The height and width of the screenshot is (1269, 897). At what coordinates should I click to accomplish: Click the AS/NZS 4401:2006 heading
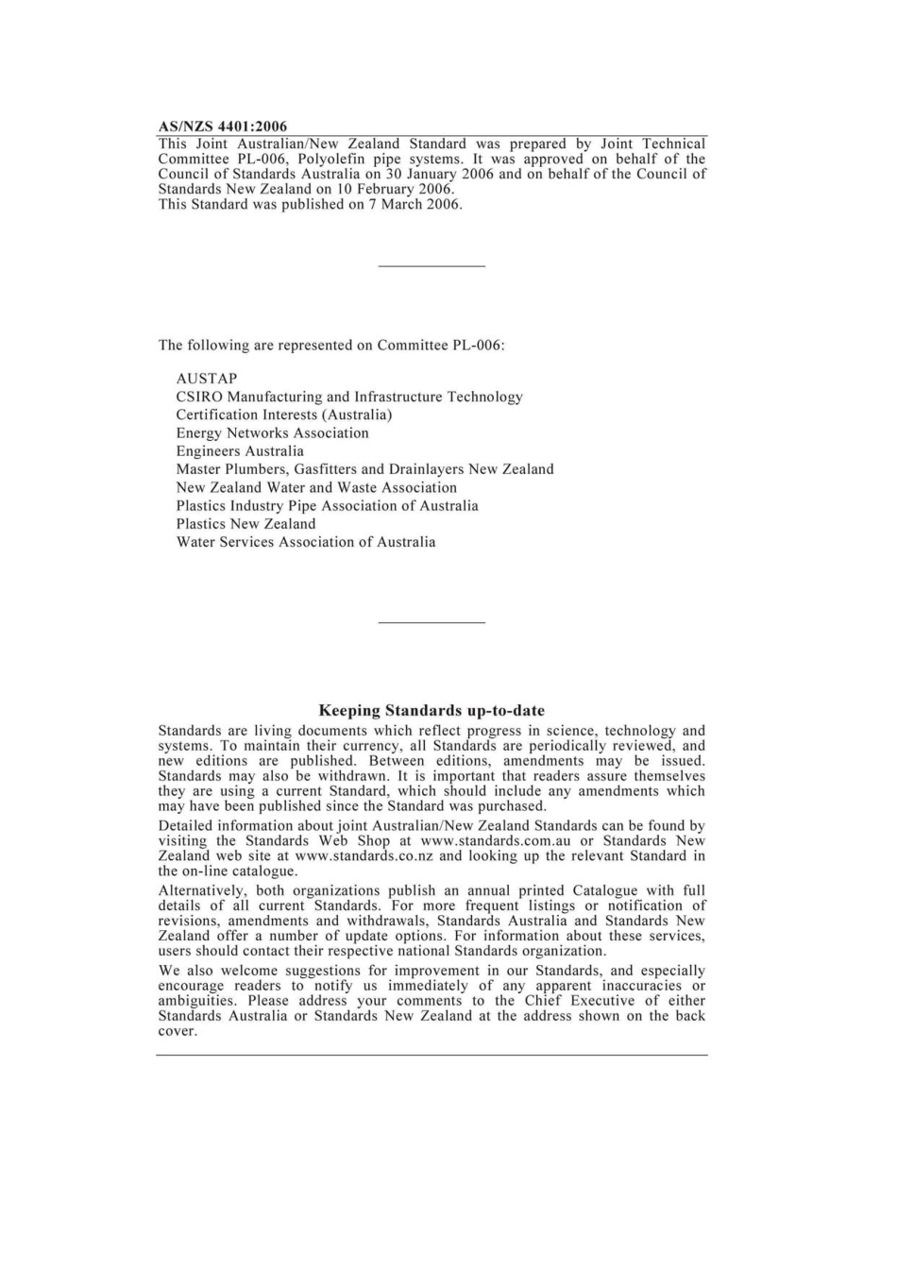tap(222, 127)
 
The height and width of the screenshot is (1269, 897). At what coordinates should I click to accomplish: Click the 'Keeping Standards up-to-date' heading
tap(432, 711)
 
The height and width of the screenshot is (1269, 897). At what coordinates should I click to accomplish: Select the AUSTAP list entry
tap(207, 379)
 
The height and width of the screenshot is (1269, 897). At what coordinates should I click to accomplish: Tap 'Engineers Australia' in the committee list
tap(240, 451)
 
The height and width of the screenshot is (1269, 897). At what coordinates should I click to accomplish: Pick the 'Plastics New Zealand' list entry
tap(245, 524)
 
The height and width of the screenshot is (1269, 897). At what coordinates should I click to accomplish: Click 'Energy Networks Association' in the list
tap(272, 433)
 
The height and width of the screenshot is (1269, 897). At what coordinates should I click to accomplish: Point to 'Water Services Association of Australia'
tap(306, 542)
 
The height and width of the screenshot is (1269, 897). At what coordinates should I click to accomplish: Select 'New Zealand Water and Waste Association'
tap(316, 488)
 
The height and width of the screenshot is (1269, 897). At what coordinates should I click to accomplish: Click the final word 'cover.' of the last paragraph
tap(178, 1031)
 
